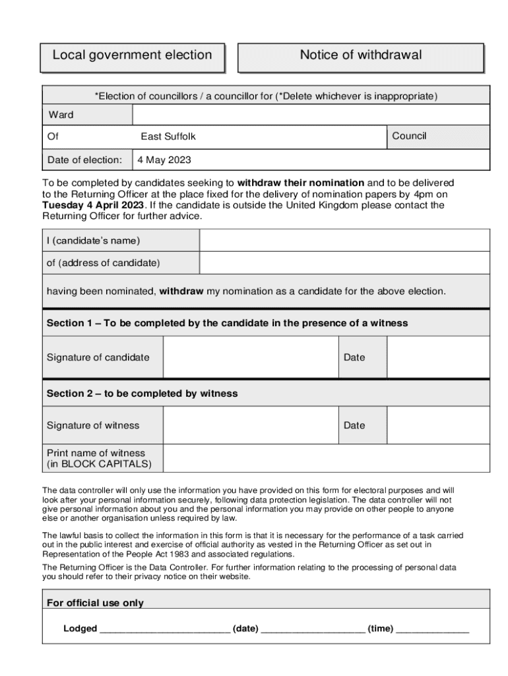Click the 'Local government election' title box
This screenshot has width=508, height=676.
(x=132, y=55)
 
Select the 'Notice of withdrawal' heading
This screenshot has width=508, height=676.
(x=360, y=55)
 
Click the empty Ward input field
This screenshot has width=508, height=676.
(x=311, y=115)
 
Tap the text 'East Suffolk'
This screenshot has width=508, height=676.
(x=168, y=137)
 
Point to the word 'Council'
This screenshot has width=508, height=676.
(x=409, y=136)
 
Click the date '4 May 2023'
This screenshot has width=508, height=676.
(x=164, y=160)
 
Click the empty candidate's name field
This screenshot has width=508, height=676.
(x=344, y=240)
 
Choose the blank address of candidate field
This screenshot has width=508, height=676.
(x=344, y=263)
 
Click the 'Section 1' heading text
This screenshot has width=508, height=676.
(x=227, y=323)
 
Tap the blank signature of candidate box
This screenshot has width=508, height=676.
(x=251, y=357)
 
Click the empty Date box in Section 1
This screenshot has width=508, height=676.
(x=438, y=357)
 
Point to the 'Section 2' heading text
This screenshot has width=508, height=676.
(x=142, y=393)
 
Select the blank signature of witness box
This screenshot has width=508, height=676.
(x=251, y=425)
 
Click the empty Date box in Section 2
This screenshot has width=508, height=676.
(x=438, y=425)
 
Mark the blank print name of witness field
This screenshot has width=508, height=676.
(x=326, y=458)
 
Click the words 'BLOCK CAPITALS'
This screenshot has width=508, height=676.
(x=106, y=464)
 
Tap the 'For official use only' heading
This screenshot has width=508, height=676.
(x=95, y=603)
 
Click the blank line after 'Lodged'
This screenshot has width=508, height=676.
(x=164, y=629)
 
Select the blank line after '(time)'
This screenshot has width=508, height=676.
(x=432, y=629)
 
